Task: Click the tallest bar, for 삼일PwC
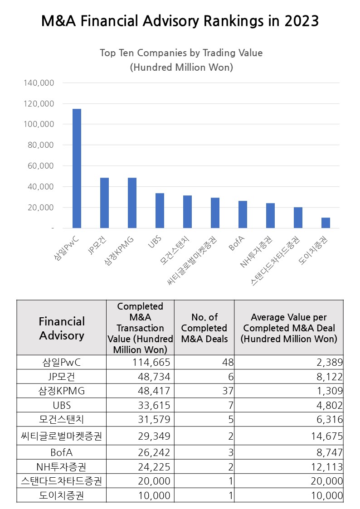(x=77, y=168)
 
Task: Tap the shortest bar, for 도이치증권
(x=326, y=223)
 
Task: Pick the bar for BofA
(x=243, y=214)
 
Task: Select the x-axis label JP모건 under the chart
(x=98, y=245)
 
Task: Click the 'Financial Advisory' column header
(x=62, y=328)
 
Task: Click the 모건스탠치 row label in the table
(x=62, y=419)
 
